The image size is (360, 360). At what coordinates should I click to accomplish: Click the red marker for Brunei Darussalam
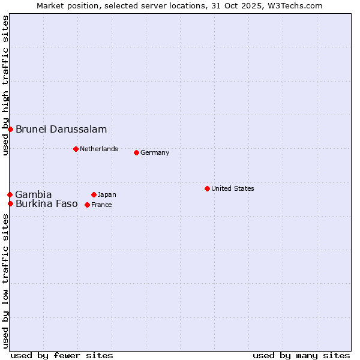click(10, 129)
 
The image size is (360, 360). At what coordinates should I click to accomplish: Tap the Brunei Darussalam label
click(61, 129)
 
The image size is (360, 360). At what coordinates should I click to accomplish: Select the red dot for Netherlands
click(76, 149)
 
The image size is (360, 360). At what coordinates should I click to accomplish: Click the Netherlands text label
click(99, 149)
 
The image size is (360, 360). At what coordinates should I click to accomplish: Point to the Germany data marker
click(136, 152)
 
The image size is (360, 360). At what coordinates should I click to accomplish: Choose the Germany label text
click(155, 152)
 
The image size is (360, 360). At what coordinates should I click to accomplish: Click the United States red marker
click(207, 188)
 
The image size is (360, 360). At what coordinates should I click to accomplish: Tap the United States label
click(233, 188)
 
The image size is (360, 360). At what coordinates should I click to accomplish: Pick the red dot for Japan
click(94, 194)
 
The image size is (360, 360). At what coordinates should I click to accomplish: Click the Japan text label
click(107, 194)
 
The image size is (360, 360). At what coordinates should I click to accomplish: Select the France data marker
click(87, 205)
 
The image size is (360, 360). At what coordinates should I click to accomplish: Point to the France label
click(101, 205)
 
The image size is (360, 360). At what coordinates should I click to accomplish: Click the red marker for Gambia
click(10, 194)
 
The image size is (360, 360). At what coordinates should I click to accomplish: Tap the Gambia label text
click(34, 194)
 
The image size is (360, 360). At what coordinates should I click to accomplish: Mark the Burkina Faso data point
click(10, 203)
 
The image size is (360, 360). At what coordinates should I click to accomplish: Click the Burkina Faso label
click(47, 203)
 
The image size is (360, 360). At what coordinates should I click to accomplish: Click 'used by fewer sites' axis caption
click(62, 355)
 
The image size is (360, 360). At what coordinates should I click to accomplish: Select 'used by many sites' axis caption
click(301, 355)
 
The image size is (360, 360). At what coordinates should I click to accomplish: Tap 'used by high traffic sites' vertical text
click(5, 85)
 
